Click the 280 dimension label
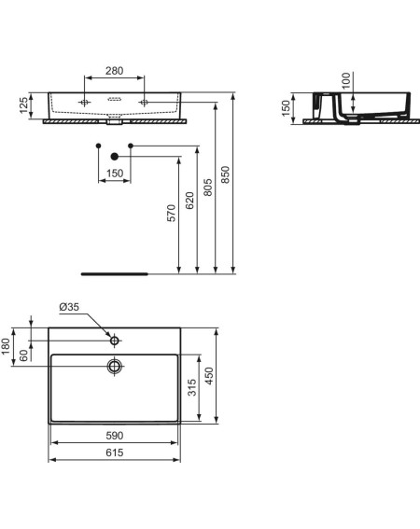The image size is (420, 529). pyautogui.click(x=115, y=71)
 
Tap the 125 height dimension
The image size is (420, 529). pyautogui.click(x=24, y=105)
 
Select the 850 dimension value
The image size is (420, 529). pyautogui.click(x=225, y=174)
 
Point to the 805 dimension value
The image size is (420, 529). pyautogui.click(x=207, y=188)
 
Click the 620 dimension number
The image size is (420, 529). pyautogui.click(x=189, y=201)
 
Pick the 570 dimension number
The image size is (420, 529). pyautogui.click(x=172, y=213)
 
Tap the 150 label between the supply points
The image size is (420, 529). pyautogui.click(x=115, y=174)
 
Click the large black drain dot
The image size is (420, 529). pyautogui.click(x=115, y=156)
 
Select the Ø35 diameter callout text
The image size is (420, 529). pyautogui.click(x=69, y=307)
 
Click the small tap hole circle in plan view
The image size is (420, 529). pyautogui.click(x=115, y=340)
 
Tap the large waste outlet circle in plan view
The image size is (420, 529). pyautogui.click(x=115, y=366)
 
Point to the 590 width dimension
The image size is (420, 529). pyautogui.click(x=115, y=436)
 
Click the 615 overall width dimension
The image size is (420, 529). pyautogui.click(x=115, y=452)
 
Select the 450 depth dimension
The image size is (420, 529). pyautogui.click(x=209, y=376)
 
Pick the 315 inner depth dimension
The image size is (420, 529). pyautogui.click(x=191, y=387)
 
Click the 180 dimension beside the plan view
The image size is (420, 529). pyautogui.click(x=6, y=346)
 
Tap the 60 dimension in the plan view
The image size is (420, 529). pyautogui.click(x=23, y=355)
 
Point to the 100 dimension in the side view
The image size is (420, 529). pyautogui.click(x=346, y=80)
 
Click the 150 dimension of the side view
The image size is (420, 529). pyautogui.click(x=286, y=108)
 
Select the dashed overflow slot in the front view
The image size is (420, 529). pyautogui.click(x=114, y=99)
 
